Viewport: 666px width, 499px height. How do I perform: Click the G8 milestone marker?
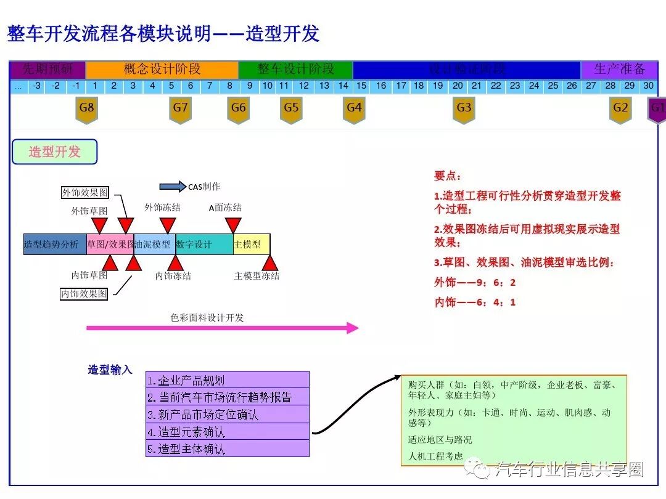coord(87,110)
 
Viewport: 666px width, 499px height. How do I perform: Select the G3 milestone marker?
coord(464,110)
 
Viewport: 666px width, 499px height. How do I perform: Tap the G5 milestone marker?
coord(291,110)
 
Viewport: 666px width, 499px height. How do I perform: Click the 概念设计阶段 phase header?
coord(162,69)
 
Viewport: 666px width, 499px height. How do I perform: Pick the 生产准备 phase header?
coord(619,69)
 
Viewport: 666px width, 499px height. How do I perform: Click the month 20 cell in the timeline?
coord(457,86)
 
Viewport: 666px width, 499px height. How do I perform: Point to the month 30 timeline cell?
coord(648,86)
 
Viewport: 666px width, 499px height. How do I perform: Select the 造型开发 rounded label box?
coord(55,152)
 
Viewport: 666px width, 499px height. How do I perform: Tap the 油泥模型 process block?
coord(154,245)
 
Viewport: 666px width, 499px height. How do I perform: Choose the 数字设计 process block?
coord(204,245)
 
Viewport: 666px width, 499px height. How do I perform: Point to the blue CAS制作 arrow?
coord(172,187)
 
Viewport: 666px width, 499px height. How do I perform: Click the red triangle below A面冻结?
coord(233,225)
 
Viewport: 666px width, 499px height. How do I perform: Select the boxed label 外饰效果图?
coord(85,192)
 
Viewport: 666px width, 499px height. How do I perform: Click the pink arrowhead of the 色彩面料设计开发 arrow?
coord(352,328)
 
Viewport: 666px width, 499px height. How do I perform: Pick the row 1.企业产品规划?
coord(228,379)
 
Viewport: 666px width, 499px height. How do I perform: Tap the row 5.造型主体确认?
coord(228,448)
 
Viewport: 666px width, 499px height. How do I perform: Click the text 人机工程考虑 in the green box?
coord(435,456)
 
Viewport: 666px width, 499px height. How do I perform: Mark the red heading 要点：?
coord(447,176)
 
